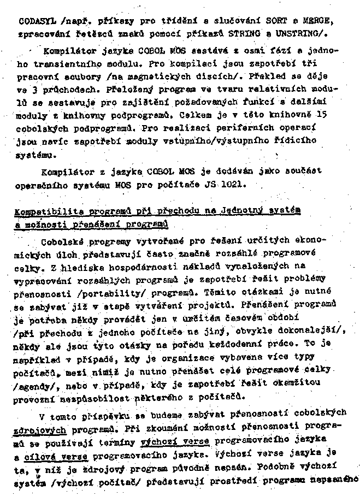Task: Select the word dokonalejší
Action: [x=308, y=331]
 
